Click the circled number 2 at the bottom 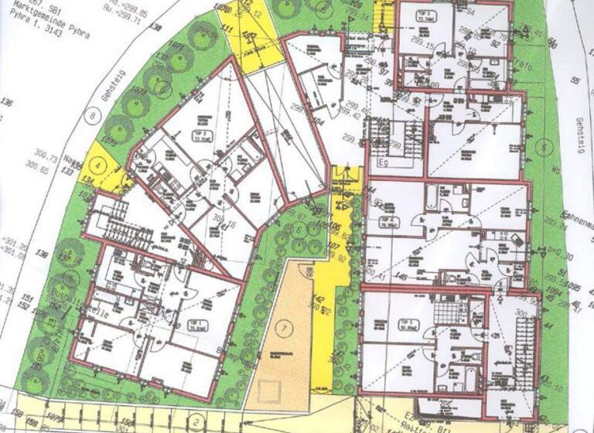click(196, 421)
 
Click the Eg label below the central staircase click(382, 163)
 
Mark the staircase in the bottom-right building click(526, 340)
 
